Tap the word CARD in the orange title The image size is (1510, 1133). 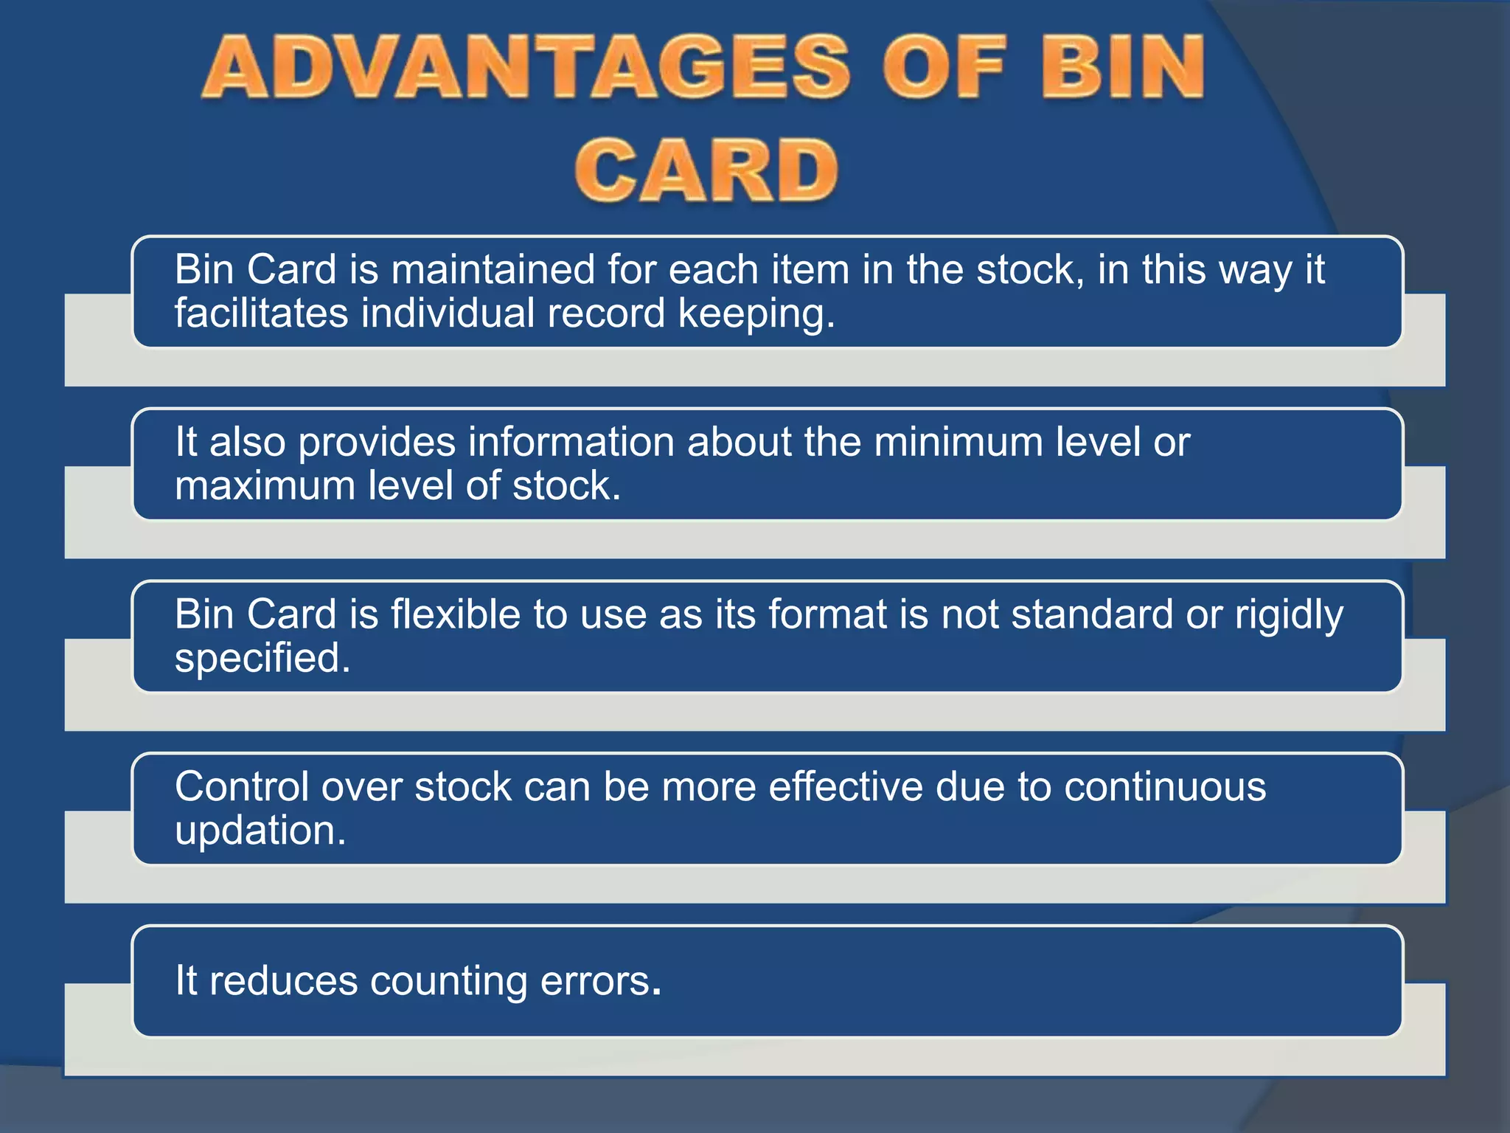[706, 171]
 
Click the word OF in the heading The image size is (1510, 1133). [944, 68]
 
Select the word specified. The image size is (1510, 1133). [262, 659]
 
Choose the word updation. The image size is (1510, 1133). [260, 831]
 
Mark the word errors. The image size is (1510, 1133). [600, 981]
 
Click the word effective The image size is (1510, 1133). [846, 786]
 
